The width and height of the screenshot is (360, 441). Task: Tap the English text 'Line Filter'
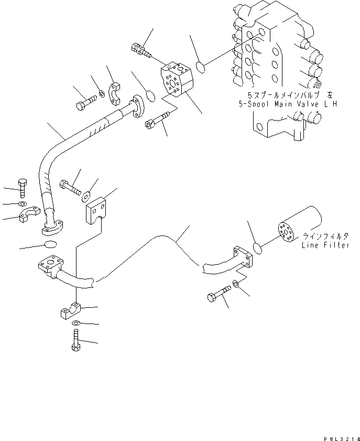[x=325, y=245]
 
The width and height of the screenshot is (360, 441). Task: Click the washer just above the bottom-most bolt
[x=77, y=324]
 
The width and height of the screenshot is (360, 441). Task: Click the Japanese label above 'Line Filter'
[x=324, y=235]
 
